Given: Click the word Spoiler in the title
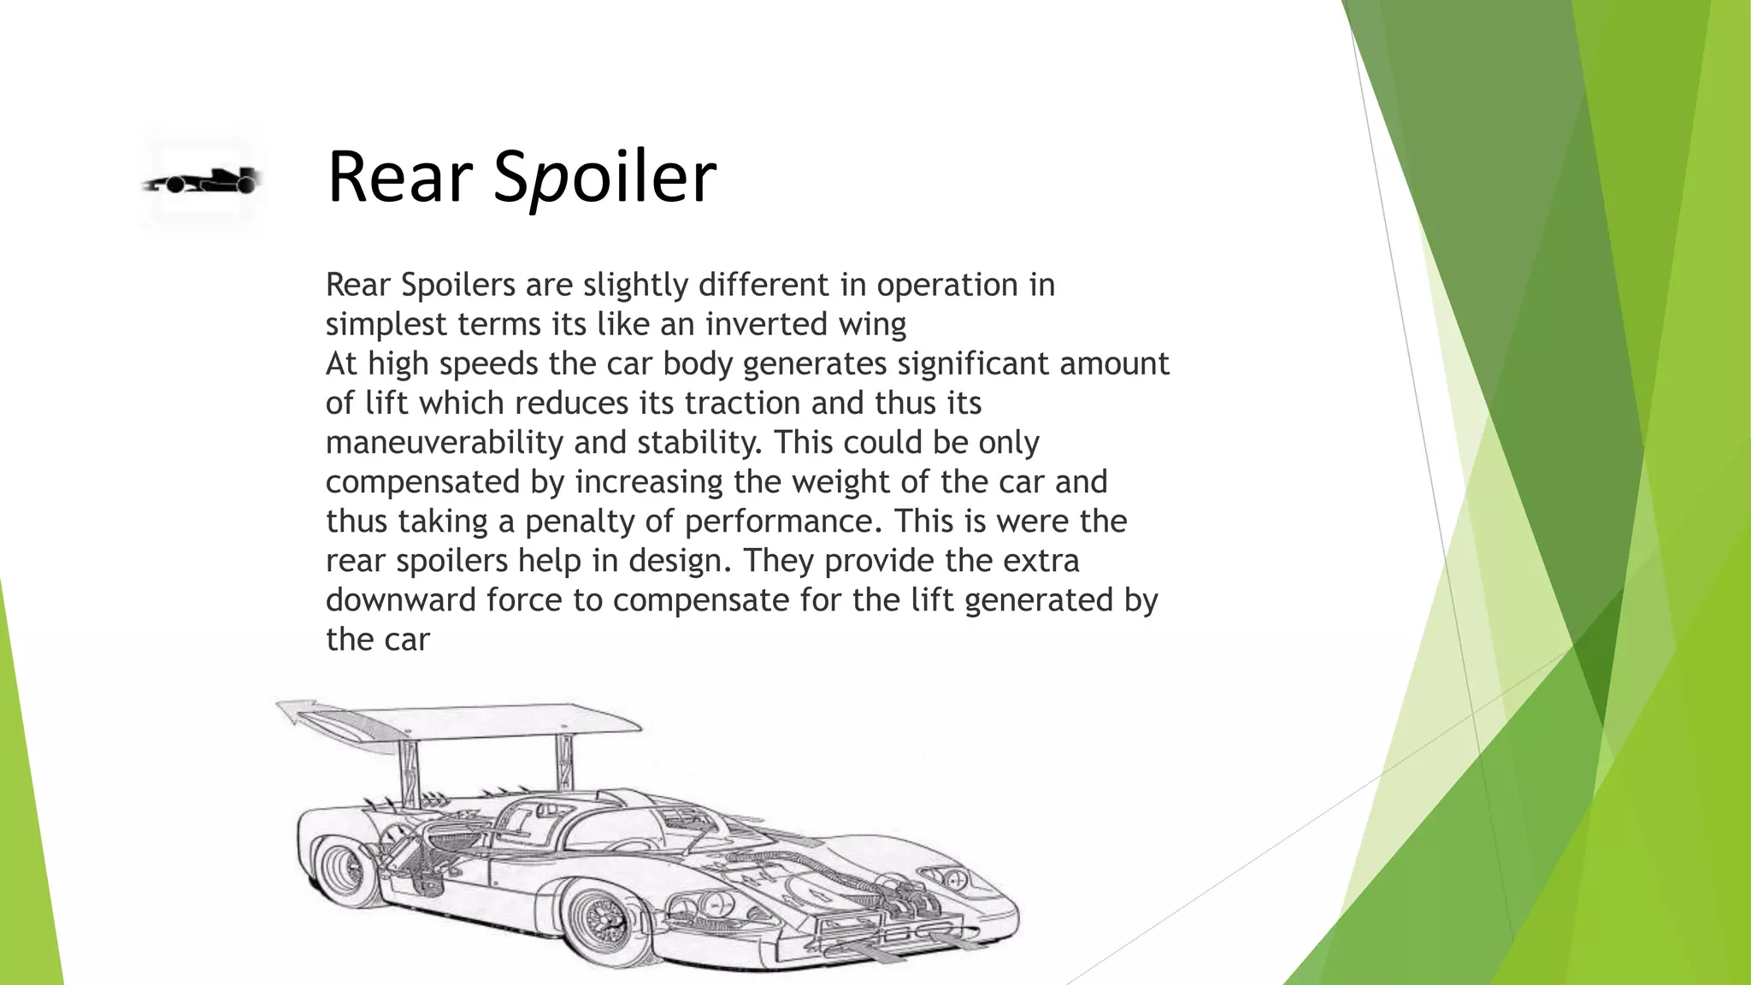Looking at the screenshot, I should tap(604, 177).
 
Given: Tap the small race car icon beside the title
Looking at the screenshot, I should tap(202, 181).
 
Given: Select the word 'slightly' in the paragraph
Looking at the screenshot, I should tap(636, 285).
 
